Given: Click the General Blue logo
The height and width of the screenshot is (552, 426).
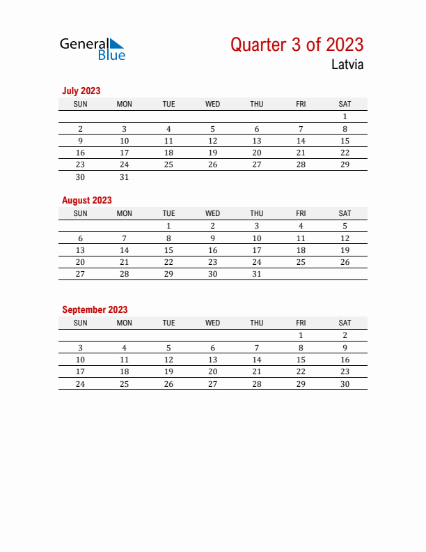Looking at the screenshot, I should pyautogui.click(x=93, y=48).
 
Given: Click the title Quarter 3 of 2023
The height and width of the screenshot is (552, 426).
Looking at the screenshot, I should pyautogui.click(x=297, y=45).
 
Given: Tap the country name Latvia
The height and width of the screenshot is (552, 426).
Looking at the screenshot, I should pyautogui.click(x=347, y=65).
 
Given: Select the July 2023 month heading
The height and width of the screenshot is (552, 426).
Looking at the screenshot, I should pyautogui.click(x=81, y=91).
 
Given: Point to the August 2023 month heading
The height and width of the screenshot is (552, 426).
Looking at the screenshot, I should pyautogui.click(x=87, y=200).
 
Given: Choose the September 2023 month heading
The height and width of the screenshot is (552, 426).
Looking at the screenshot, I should pyautogui.click(x=95, y=309).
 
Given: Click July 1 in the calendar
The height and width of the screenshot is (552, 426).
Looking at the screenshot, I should pyautogui.click(x=345, y=117).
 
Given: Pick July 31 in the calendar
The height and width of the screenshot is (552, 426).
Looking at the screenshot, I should pyautogui.click(x=125, y=177).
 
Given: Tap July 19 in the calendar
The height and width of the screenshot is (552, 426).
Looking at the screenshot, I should pyautogui.click(x=213, y=153).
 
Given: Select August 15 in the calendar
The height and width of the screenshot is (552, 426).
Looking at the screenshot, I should pyautogui.click(x=168, y=250).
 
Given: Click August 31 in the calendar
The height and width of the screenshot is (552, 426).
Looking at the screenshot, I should pyautogui.click(x=257, y=274).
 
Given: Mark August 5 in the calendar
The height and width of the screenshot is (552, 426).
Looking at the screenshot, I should pyautogui.click(x=345, y=226).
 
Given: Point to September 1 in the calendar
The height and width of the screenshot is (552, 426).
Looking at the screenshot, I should pyautogui.click(x=301, y=335).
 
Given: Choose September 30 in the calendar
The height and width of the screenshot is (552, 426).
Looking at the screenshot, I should pyautogui.click(x=345, y=383).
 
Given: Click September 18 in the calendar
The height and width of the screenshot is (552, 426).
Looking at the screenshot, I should pyautogui.click(x=125, y=371).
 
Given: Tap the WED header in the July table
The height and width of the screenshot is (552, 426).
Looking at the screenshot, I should pyautogui.click(x=213, y=104).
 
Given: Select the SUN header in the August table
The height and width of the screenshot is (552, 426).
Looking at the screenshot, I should pyautogui.click(x=81, y=213).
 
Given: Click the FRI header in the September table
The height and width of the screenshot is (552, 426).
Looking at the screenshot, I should pyautogui.click(x=301, y=323).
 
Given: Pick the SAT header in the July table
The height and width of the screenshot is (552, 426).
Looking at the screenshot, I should pyautogui.click(x=345, y=104).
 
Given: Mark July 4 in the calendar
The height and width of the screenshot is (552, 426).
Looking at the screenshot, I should pyautogui.click(x=168, y=129).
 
